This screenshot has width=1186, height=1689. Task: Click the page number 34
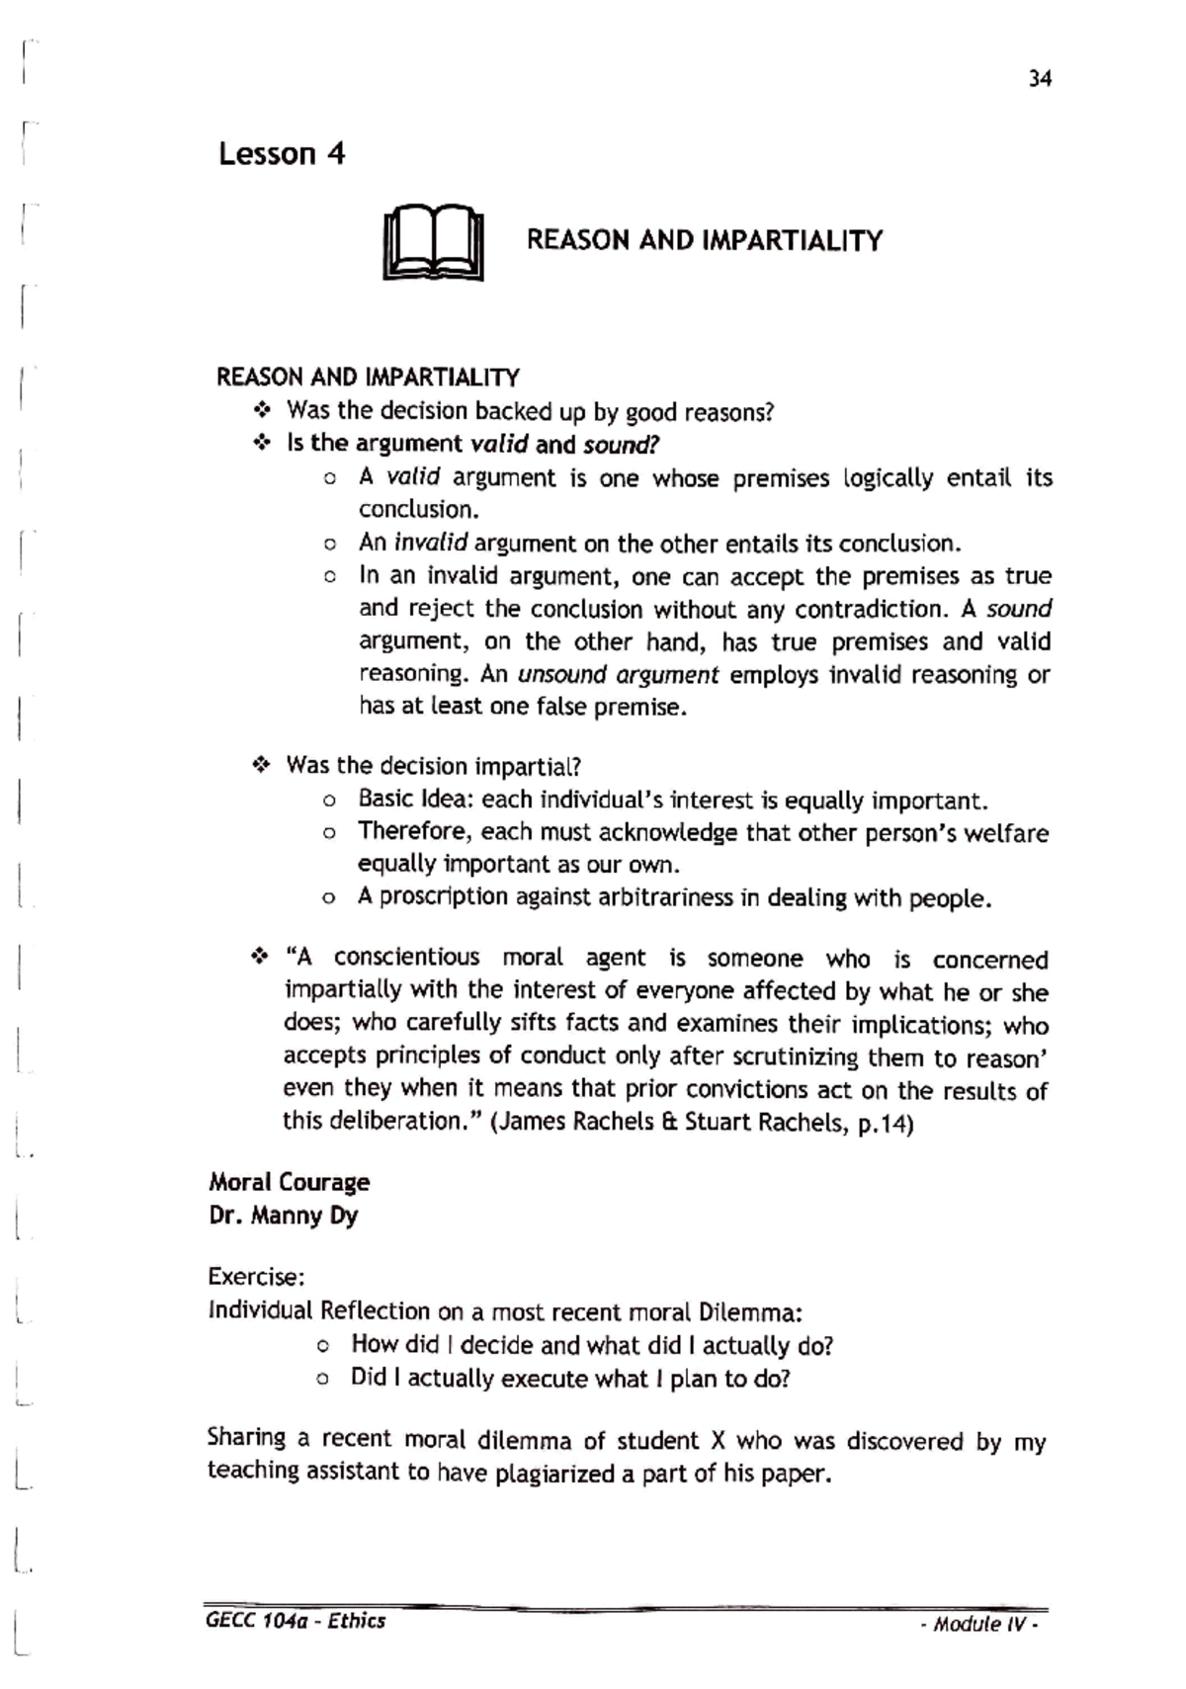coord(1039,79)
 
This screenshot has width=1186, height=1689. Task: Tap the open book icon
coord(433,243)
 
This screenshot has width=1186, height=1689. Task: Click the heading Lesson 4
coord(282,154)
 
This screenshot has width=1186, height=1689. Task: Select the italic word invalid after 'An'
coord(430,544)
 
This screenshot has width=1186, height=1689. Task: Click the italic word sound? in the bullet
coord(622,444)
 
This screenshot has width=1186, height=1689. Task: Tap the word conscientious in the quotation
coord(406,958)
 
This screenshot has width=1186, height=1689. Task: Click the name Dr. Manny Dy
coord(283,1216)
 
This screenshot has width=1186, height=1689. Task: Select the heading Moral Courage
coord(289,1183)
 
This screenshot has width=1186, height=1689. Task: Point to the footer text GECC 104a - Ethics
coord(296,1621)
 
